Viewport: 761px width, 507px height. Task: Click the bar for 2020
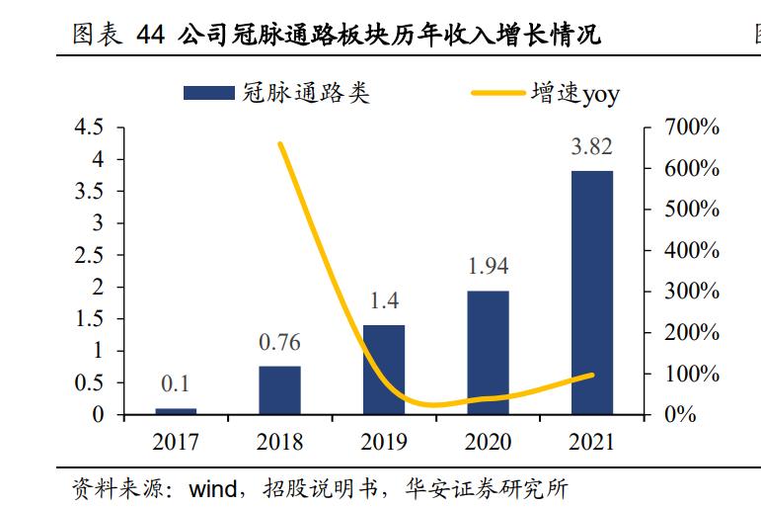click(x=488, y=352)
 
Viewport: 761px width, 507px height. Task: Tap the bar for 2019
click(x=384, y=369)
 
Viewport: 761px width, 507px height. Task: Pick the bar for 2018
click(x=279, y=389)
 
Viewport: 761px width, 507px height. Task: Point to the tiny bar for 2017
click(x=176, y=410)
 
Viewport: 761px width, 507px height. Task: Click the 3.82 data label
click(x=591, y=147)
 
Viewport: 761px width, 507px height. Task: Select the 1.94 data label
click(x=488, y=266)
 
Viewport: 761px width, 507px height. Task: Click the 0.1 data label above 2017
click(x=176, y=384)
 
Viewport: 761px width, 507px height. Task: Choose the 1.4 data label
click(x=384, y=300)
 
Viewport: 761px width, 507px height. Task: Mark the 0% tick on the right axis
click(x=680, y=415)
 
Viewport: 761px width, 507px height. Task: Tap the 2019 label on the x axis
click(x=384, y=442)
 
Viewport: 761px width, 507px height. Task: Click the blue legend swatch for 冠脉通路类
click(x=208, y=94)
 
